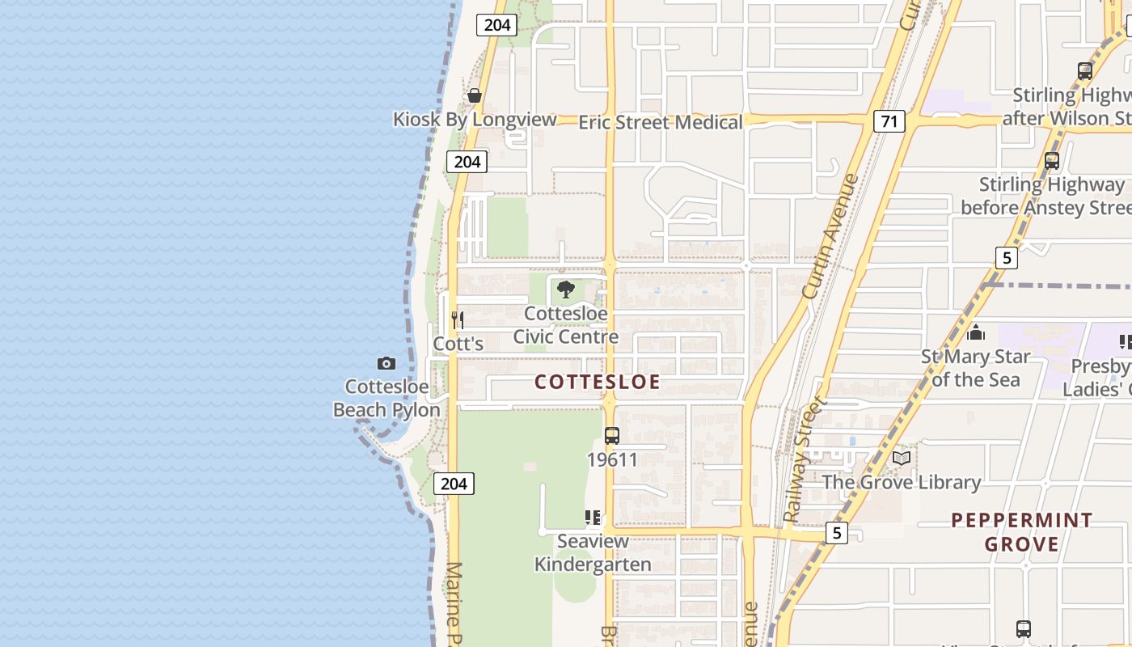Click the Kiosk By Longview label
click(475, 120)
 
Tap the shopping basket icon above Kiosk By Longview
click(475, 95)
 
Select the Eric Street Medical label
click(660, 123)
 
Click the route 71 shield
click(889, 121)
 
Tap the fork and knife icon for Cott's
click(458, 319)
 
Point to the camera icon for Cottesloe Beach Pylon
click(386, 363)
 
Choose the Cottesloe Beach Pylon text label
click(386, 399)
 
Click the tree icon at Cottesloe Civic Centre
click(566, 289)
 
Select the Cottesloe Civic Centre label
click(566, 325)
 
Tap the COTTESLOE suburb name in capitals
click(598, 383)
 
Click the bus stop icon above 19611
click(612, 436)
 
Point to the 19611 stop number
click(612, 460)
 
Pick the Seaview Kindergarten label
click(593, 553)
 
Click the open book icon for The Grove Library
click(901, 459)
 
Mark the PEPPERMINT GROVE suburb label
click(1022, 532)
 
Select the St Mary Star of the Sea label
click(976, 368)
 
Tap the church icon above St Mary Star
click(976, 332)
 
